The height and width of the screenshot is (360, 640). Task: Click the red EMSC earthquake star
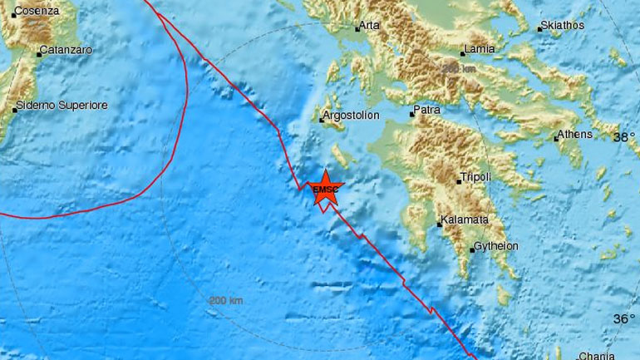pyautogui.click(x=327, y=190)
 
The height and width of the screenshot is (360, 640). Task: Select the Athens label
pyautogui.click(x=574, y=134)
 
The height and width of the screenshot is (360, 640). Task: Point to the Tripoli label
pyautogui.click(x=476, y=176)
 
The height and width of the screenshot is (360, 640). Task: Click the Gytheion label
pyautogui.click(x=496, y=247)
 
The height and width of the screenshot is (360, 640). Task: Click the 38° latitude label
pyautogui.click(x=624, y=138)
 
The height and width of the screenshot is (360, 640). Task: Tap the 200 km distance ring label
pyautogui.click(x=225, y=299)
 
